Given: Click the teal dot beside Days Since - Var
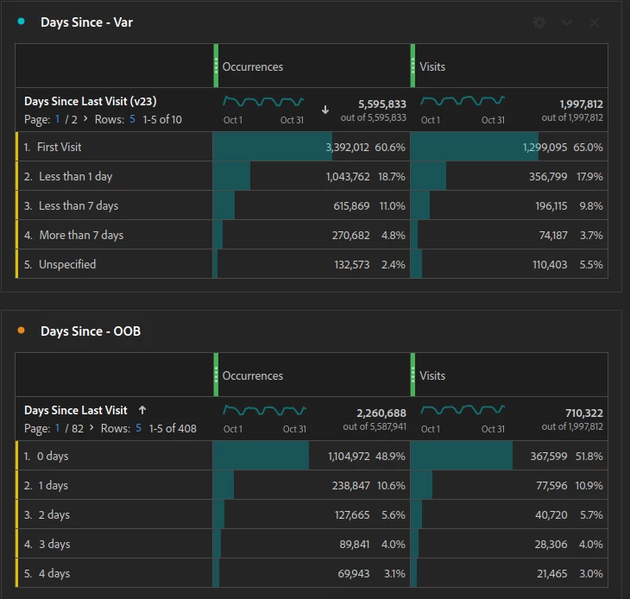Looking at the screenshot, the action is pos(22,22).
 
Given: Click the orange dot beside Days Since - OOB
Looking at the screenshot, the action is pos(22,331).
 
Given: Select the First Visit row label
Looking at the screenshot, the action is pos(59,147).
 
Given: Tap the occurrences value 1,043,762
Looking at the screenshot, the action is pos(348,176).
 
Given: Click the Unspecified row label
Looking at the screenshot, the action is pos(67,264).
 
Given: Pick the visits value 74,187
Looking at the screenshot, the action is pos(553,235).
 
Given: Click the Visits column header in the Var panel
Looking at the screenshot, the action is pos(432,66).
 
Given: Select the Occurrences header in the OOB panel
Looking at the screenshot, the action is pos(253,375).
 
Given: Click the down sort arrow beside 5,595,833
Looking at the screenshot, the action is pos(325,110).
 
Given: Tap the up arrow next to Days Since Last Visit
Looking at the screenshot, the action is pos(142,410).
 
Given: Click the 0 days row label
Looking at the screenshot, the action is pos(53,457).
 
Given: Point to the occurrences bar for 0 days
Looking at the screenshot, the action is pos(261,455).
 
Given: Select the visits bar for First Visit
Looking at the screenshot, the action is pos(475,146).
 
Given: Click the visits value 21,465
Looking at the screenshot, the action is pos(552,573).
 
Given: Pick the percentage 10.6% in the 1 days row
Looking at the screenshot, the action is pos(391,485).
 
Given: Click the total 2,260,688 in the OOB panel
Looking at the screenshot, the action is pos(381,413).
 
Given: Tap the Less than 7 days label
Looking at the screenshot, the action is pos(79,205).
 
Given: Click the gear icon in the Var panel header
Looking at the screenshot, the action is pos(539,22).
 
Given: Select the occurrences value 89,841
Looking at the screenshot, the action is pos(355,544).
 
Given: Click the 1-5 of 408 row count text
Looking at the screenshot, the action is pos(173,428).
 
